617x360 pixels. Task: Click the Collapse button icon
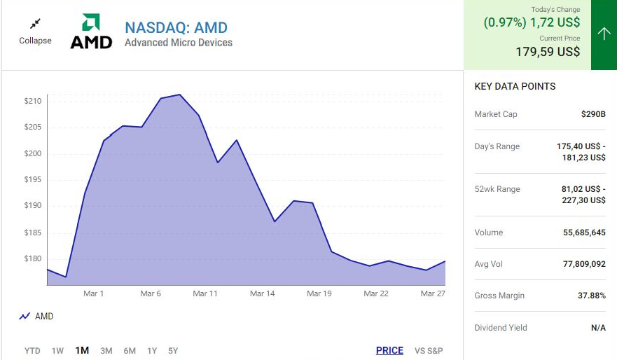(35, 25)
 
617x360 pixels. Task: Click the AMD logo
(91, 32)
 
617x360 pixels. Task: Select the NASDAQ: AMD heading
(176, 28)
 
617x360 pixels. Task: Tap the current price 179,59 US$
(548, 52)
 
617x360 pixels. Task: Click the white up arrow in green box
(604, 34)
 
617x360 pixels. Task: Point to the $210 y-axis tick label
(33, 102)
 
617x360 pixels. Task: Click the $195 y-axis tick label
(33, 180)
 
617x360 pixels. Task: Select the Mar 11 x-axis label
(205, 293)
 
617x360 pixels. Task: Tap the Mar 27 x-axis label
(433, 293)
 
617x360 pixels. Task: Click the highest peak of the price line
(180, 95)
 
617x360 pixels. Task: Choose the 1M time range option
(82, 350)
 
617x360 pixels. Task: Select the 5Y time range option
(173, 350)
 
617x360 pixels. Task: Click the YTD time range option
(32, 350)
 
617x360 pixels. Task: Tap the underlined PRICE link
(389, 350)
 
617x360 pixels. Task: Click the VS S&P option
(429, 350)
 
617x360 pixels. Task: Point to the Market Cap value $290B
(593, 114)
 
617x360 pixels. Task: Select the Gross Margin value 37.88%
(591, 296)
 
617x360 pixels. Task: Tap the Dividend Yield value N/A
(598, 328)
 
